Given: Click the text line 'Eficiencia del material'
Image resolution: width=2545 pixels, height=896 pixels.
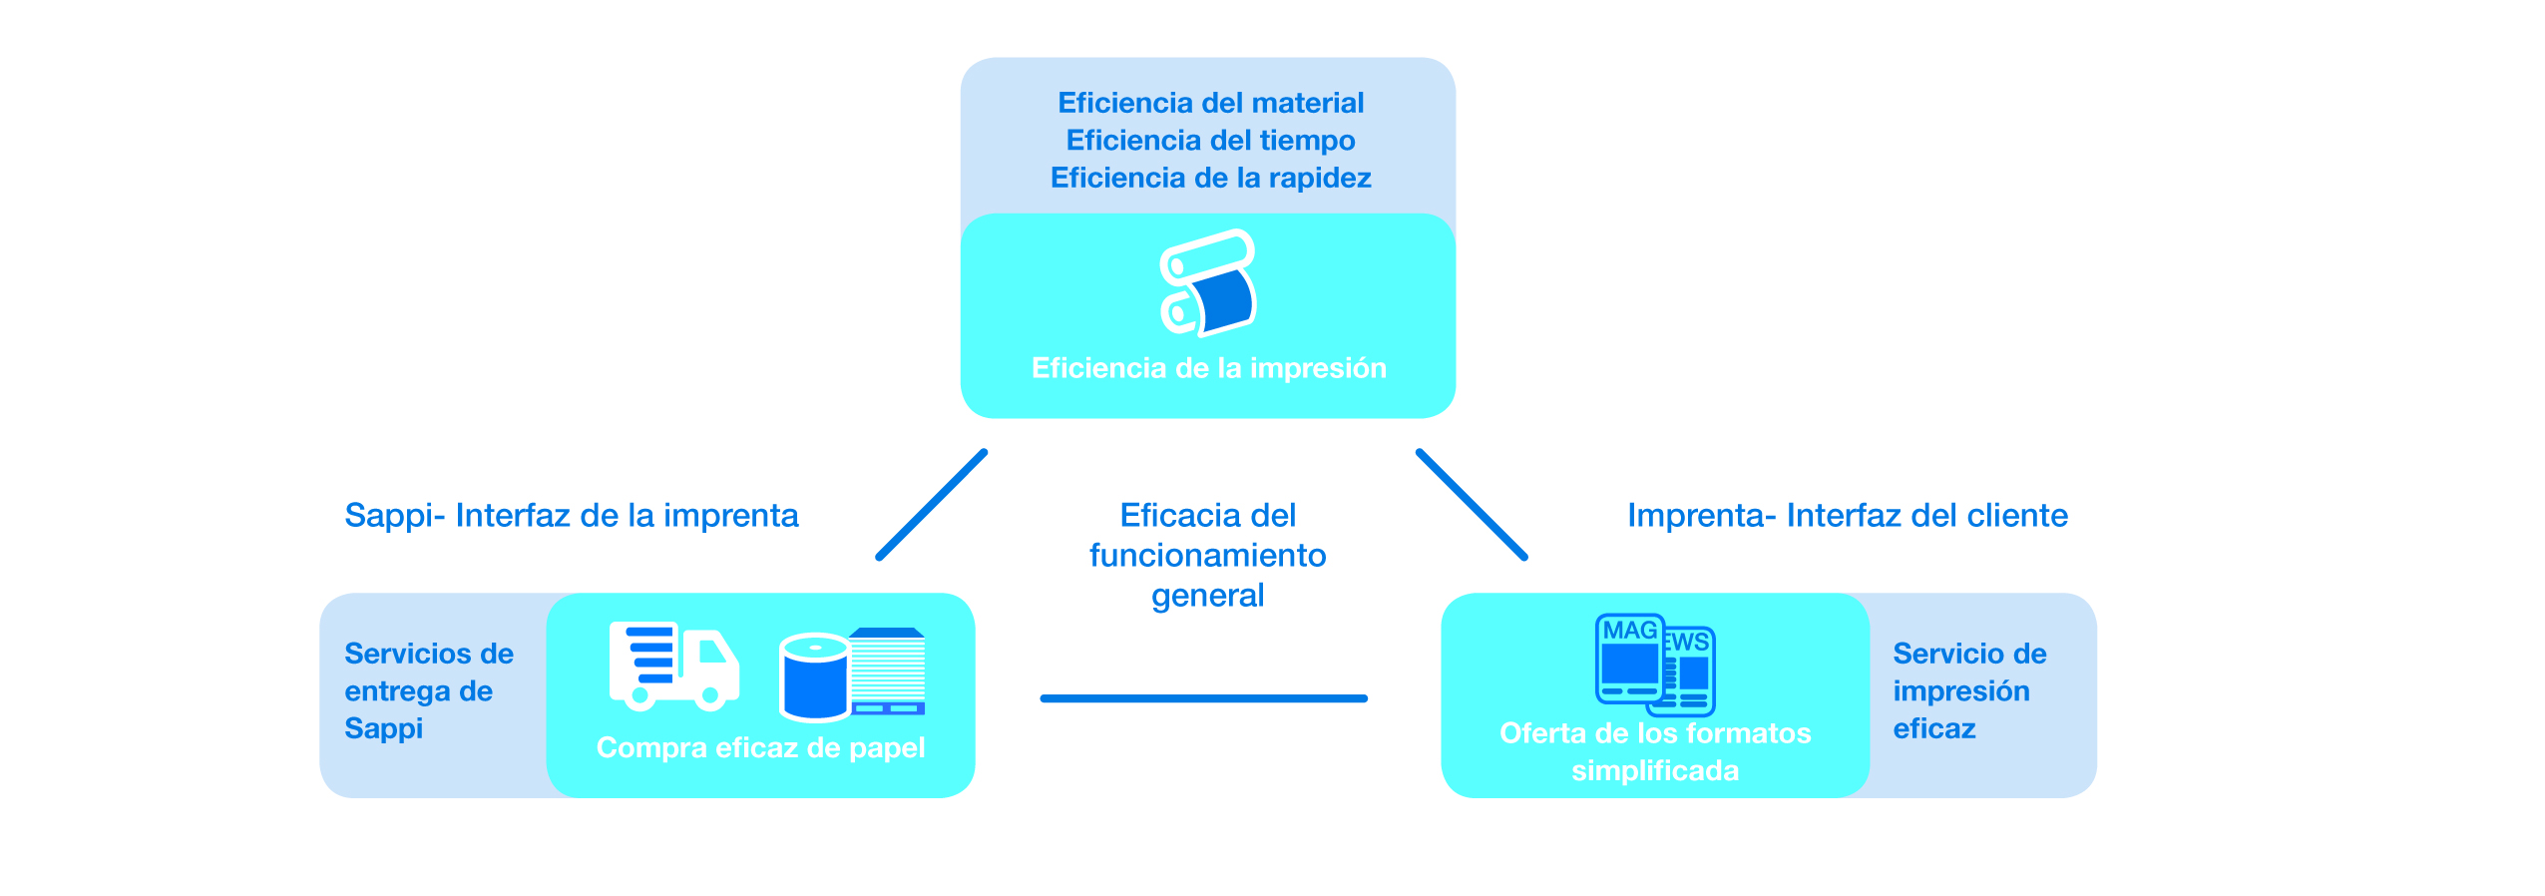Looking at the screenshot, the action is (x=1210, y=103).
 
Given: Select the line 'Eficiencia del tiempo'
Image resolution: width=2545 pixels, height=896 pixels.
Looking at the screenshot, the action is (x=1210, y=141).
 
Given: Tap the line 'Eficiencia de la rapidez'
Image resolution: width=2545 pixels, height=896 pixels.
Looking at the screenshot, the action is (x=1210, y=178).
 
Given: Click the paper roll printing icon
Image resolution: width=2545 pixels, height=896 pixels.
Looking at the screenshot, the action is (x=1208, y=283).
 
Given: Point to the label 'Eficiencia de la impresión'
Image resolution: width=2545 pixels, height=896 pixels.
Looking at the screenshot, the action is (x=1208, y=368).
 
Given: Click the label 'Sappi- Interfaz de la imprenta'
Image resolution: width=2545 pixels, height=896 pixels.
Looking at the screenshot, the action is (x=572, y=515).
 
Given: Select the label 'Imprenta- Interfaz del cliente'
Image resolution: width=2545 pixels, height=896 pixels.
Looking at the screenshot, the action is (x=1848, y=515).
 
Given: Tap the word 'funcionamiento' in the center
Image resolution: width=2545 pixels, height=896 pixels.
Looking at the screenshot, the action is (x=1207, y=555).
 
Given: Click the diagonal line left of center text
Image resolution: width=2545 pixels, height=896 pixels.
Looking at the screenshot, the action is (x=932, y=505).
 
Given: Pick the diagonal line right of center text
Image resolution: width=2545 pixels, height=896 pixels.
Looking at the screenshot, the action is (x=1472, y=505).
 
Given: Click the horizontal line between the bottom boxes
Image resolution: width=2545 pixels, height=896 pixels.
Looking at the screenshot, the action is (x=1203, y=698).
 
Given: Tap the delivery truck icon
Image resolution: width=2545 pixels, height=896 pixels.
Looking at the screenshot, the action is (x=674, y=667).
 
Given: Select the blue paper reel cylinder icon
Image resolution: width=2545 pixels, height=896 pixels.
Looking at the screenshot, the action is (x=814, y=676).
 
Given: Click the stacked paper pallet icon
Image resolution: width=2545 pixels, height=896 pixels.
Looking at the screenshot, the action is (x=888, y=672).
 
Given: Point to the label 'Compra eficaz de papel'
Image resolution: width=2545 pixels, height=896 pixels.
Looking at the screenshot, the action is (x=760, y=747).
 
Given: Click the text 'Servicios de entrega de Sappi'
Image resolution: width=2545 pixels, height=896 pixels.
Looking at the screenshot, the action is (x=429, y=690).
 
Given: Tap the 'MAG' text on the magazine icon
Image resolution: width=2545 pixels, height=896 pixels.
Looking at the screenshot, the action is (x=1630, y=631).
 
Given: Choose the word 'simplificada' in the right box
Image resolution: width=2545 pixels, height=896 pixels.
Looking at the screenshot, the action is (x=1655, y=770).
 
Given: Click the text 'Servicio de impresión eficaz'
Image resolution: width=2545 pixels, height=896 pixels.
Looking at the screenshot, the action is (x=1969, y=690).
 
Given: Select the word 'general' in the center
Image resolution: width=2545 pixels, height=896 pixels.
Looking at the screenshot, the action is (x=1207, y=596).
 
